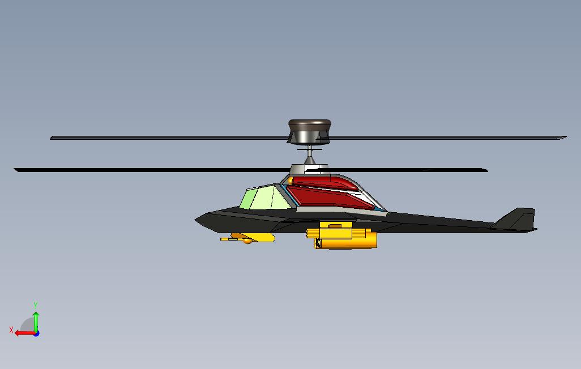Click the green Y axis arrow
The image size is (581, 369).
(36, 320)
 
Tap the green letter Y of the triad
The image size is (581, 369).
(36, 306)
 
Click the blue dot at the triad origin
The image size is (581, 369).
(36, 333)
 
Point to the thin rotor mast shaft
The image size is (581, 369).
(309, 153)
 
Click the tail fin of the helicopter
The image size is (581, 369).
(518, 219)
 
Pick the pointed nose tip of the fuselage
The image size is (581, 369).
(197, 219)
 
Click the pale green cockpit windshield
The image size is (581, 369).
(262, 198)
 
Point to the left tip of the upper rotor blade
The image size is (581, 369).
(53, 138)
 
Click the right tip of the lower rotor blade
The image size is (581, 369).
(485, 169)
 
